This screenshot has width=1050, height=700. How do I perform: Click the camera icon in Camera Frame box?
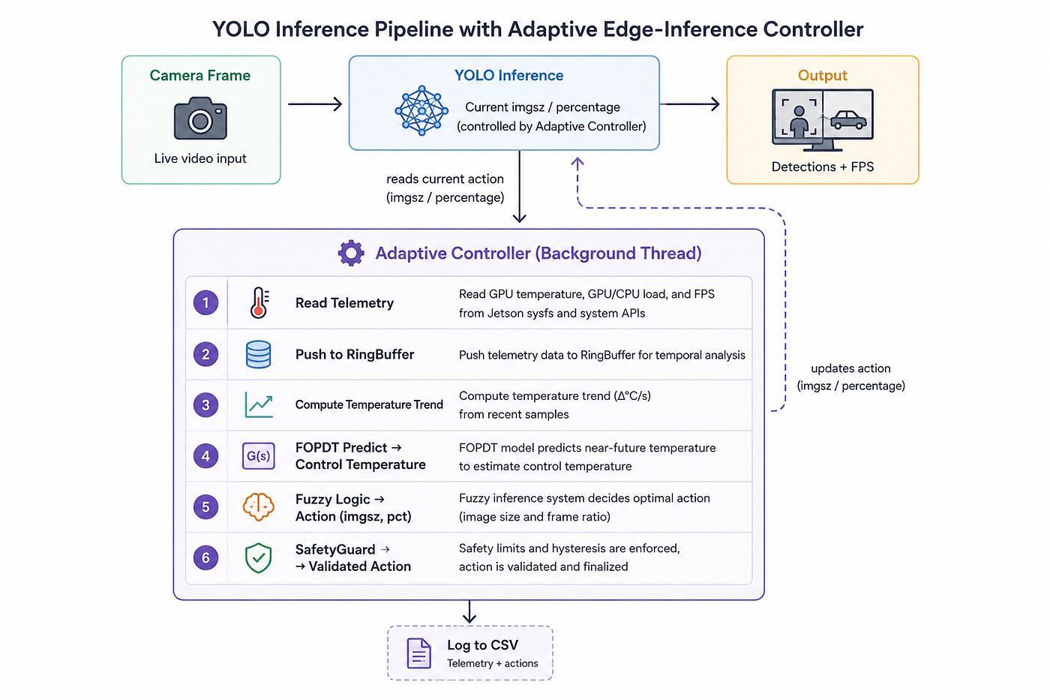[200, 118]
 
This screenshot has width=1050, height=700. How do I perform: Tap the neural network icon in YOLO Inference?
[421, 110]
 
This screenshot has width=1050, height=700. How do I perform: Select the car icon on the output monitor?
[848, 119]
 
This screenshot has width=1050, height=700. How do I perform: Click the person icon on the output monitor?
[799, 121]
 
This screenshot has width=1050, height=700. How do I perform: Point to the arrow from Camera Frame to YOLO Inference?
[315, 104]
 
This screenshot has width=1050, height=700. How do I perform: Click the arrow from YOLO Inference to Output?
[689, 104]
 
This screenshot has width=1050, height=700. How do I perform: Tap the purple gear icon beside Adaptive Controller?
[351, 253]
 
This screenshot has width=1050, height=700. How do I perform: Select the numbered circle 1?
[205, 302]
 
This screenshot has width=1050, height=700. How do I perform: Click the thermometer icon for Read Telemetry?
[259, 303]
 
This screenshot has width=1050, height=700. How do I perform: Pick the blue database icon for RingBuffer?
[258, 354]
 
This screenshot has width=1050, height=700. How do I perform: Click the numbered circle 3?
[205, 404]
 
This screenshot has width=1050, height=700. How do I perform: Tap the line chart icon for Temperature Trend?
[259, 404]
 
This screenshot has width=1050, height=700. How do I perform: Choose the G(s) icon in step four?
[258, 455]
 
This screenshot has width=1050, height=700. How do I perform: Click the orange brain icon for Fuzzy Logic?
[258, 506]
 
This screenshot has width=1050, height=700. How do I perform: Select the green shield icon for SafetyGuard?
[258, 558]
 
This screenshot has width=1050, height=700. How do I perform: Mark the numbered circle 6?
[205, 557]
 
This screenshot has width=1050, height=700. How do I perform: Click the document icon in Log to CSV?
[419, 653]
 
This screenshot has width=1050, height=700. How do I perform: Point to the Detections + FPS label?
[823, 167]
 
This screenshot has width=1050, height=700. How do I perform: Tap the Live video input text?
[200, 158]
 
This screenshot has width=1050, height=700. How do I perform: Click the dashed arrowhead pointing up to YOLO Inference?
[577, 163]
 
